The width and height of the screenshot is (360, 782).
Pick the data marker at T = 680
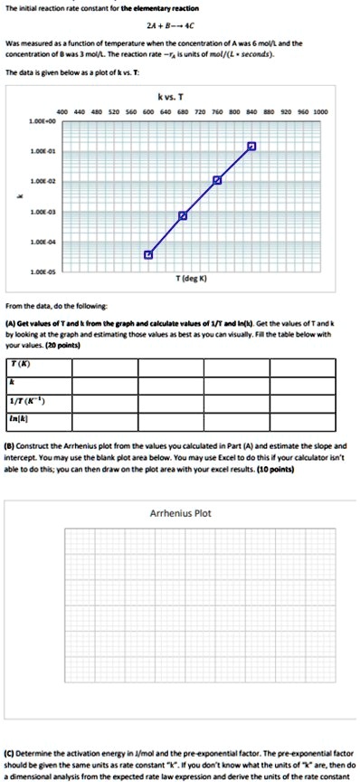tap(183, 215)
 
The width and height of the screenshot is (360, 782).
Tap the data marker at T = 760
tap(217, 181)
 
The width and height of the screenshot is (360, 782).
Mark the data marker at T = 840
tap(251, 147)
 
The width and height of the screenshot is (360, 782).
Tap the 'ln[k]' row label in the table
tap(17, 419)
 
